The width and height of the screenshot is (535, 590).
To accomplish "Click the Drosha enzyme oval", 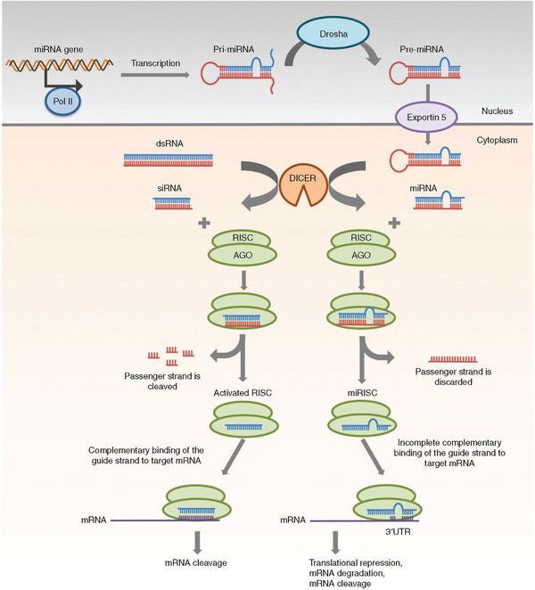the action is [x=333, y=33].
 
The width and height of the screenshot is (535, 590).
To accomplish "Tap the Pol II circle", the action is [x=63, y=101].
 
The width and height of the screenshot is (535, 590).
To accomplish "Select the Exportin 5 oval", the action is [x=426, y=117].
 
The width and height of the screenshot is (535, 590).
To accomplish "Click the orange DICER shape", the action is [x=302, y=185].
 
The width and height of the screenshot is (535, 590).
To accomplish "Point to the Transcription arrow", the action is [x=155, y=75].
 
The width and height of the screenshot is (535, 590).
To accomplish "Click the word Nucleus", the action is [x=497, y=111].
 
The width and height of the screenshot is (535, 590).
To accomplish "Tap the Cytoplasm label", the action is [x=497, y=140].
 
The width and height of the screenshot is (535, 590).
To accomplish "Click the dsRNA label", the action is [x=169, y=143].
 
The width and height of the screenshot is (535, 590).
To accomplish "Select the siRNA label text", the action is [x=169, y=188].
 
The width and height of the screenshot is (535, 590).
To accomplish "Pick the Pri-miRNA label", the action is [x=234, y=49].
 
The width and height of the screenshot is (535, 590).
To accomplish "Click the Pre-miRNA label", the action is [x=422, y=49].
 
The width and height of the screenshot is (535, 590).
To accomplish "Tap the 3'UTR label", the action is [x=398, y=532].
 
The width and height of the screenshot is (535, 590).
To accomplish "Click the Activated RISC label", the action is [x=243, y=393].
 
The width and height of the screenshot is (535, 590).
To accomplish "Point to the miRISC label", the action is [x=362, y=393].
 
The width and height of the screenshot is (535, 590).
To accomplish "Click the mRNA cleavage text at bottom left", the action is [x=196, y=563].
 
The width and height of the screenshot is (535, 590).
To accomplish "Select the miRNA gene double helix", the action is [x=60, y=65].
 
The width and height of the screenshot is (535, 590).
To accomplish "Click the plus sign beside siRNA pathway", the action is [x=204, y=223].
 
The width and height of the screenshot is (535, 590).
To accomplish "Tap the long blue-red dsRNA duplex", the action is [x=169, y=160].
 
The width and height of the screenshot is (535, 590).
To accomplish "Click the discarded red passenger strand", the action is [x=453, y=359].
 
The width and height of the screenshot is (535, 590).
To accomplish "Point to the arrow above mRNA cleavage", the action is [x=197, y=543].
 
